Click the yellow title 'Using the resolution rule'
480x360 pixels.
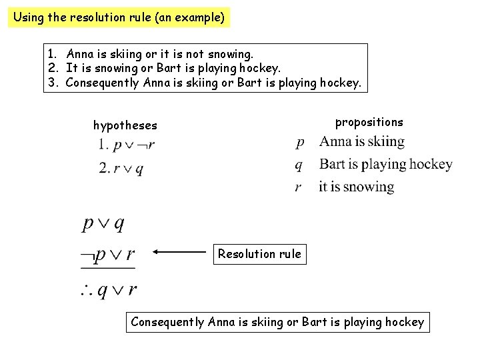(119, 17)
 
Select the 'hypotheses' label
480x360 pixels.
(125, 125)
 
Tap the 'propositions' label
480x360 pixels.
(369, 122)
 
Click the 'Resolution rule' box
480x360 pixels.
(259, 254)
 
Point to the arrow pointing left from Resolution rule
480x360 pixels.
(181, 253)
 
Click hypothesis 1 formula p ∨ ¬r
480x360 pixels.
(127, 145)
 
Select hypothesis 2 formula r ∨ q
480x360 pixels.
(121, 169)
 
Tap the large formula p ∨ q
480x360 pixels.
(103, 223)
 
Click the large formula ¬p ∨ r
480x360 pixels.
(107, 254)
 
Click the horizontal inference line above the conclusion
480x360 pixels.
(107, 269)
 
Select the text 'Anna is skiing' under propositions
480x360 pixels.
(361, 141)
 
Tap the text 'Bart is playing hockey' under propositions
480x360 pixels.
(385, 164)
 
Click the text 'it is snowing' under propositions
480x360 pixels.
(356, 187)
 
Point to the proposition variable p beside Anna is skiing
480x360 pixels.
(300, 142)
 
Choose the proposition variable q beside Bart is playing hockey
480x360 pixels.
(299, 165)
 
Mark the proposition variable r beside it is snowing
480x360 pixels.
(299, 187)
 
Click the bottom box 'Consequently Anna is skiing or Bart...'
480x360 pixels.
(277, 323)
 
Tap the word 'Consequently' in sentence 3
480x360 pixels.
(103, 83)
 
